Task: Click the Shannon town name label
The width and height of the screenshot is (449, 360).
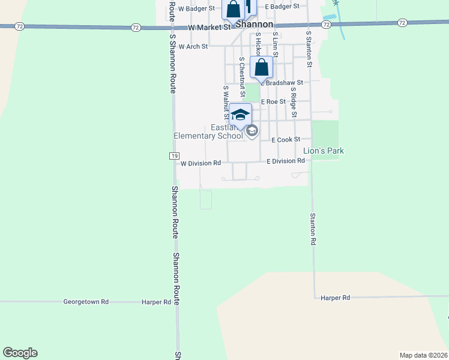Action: click(254, 25)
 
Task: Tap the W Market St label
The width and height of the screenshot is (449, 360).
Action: click(209, 28)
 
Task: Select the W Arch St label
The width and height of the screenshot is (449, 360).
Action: click(193, 46)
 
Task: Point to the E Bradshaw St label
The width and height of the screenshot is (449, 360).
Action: click(283, 82)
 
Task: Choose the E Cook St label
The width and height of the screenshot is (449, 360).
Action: click(286, 140)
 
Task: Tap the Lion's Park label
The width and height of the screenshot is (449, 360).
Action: click(324, 151)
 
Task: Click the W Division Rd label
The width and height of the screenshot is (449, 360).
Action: click(201, 163)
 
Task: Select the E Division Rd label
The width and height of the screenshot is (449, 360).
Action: click(286, 161)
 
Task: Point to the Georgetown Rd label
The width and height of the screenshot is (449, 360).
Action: click(86, 302)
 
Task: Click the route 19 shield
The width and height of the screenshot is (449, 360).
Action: click(173, 156)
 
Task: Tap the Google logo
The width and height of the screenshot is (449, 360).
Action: click(20, 353)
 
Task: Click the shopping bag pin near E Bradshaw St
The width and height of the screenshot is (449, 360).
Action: click(262, 68)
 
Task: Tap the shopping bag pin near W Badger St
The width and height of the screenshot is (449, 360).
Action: click(233, 10)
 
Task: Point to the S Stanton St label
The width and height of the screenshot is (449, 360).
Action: click(309, 49)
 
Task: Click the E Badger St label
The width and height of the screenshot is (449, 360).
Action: click(282, 6)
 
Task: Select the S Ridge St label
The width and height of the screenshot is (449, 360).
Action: click(294, 97)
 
